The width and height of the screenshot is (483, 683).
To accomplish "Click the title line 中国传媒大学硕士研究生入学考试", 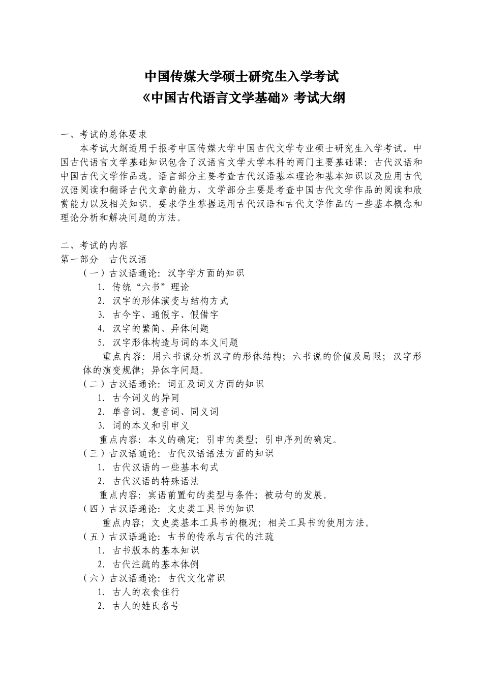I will tap(242, 76).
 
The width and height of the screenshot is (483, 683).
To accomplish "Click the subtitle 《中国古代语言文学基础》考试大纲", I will tap(242, 98).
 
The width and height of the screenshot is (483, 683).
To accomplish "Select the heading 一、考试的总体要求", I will tap(104, 135).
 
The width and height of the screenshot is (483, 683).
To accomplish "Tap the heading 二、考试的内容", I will tap(94, 245).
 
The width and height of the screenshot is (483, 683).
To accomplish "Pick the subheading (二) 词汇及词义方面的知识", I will tap(173, 384).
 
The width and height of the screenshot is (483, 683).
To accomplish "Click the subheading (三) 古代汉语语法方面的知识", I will tap(178, 453).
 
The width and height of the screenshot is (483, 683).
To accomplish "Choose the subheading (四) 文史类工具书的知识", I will tap(168, 508).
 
